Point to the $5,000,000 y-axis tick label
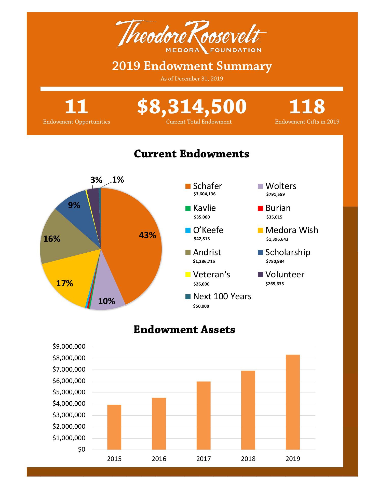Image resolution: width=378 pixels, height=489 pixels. click(x=69, y=392)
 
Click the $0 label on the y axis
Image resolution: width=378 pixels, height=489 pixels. click(x=82, y=450)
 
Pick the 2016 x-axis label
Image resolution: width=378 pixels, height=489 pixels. click(x=159, y=459)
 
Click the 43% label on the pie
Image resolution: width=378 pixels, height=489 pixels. click(x=147, y=235)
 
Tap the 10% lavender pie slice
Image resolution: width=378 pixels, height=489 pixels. click(x=107, y=298)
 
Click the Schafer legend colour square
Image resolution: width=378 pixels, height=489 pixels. click(x=188, y=186)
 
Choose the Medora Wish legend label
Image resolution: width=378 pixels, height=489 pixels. click(x=292, y=230)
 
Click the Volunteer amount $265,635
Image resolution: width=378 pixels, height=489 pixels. click(x=275, y=284)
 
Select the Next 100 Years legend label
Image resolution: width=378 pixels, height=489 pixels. click(x=222, y=296)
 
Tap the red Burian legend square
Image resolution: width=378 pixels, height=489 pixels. click(x=260, y=208)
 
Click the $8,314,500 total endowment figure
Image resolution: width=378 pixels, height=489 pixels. click(x=192, y=106)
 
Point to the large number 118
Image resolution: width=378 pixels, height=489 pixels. click(x=307, y=106)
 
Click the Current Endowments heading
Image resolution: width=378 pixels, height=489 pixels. click(x=192, y=154)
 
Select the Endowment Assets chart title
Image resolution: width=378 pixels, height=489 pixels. click(x=184, y=330)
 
